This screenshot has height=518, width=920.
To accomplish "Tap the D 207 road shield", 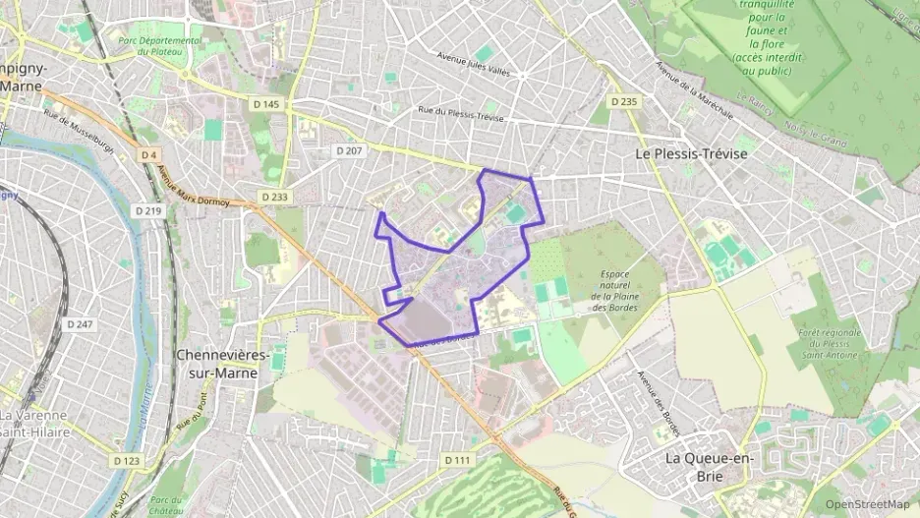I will pos(349,150).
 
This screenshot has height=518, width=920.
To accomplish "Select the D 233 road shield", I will pos(275,197).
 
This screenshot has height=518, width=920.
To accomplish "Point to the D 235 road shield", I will pos(623,101).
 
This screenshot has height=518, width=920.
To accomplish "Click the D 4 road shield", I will pos(148,154).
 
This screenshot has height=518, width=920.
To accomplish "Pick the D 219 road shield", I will pos(148,210).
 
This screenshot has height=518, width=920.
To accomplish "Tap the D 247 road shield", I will pos(80,323).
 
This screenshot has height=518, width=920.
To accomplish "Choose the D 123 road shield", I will pos(125,460).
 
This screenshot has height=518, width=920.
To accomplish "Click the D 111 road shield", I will pos(457,460).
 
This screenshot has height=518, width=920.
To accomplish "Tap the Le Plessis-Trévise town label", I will pos(691,154).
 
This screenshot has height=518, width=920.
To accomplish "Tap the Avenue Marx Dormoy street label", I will pos(194,189).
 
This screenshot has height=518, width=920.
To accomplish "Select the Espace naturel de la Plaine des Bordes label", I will pos(616,291).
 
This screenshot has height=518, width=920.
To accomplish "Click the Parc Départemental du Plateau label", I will pos(159,45).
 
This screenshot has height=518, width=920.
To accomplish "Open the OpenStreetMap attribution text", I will pos(867,504).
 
